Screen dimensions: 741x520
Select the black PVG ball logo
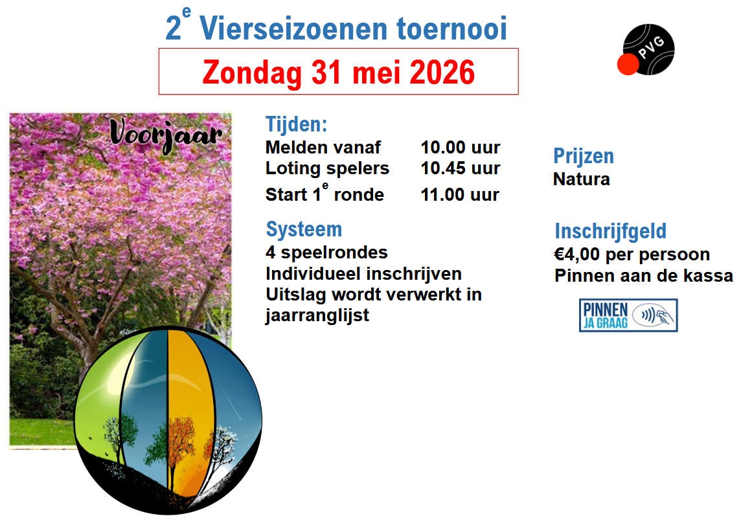click(x=648, y=49)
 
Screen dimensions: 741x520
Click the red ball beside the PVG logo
click(x=628, y=64)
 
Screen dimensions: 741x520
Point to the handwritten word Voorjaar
click(x=166, y=135)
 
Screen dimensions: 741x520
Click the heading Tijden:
click(x=296, y=124)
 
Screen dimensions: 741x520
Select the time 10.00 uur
click(x=461, y=148)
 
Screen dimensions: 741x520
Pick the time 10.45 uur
click(x=461, y=168)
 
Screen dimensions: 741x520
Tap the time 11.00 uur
click(x=460, y=194)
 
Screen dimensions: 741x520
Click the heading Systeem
click(x=304, y=229)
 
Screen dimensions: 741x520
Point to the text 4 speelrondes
click(x=326, y=252)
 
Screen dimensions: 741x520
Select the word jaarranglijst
click(x=317, y=315)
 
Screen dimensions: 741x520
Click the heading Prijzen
click(x=584, y=156)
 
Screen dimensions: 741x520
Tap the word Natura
click(x=581, y=179)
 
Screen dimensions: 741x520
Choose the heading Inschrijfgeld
click(x=611, y=231)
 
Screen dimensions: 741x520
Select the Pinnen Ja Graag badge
click(x=628, y=315)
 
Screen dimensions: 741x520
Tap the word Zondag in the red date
click(x=252, y=73)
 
